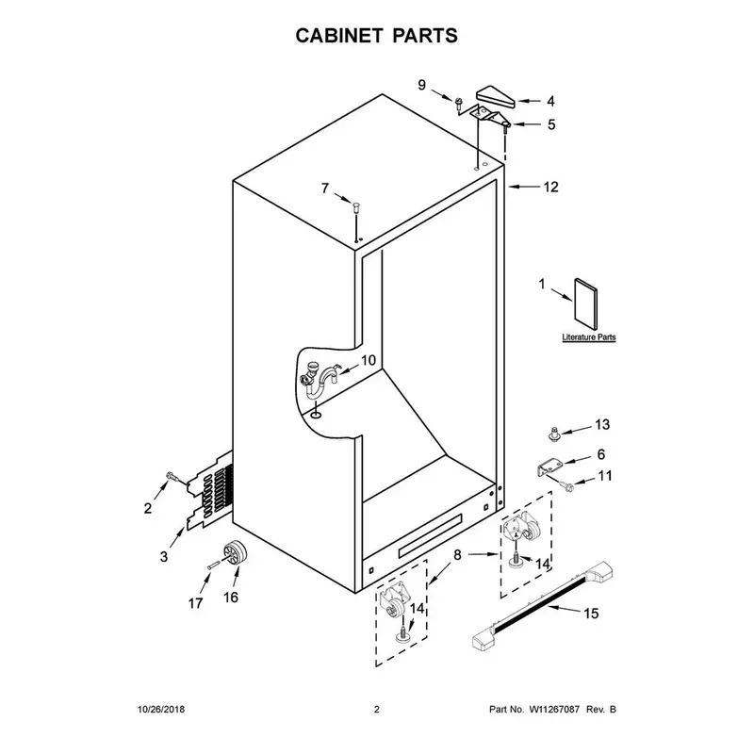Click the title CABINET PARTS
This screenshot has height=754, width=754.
point(376,36)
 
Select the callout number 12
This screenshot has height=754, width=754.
point(550,187)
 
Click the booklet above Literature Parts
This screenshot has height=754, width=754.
point(585,303)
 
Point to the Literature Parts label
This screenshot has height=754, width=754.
point(589,337)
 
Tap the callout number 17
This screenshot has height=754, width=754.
point(195,603)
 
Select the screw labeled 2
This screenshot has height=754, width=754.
point(172,477)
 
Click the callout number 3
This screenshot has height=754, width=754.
point(164,556)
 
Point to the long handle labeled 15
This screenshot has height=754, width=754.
point(544,606)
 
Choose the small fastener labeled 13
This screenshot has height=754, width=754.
point(555,434)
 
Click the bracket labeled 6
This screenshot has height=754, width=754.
point(549,467)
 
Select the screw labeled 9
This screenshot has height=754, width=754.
point(459,104)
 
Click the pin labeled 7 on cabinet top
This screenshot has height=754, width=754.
point(356,208)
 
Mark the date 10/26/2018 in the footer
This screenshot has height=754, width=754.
point(161,710)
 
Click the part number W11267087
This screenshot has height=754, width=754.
point(554,710)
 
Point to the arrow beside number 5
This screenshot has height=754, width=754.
point(526,124)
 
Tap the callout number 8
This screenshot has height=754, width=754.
point(457,555)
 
